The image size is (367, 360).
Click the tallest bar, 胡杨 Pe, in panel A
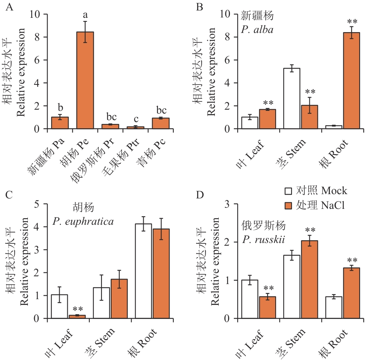[x=85, y=80]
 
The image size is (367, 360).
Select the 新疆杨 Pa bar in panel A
[x=60, y=123]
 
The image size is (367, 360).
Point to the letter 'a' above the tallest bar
[x=85, y=15]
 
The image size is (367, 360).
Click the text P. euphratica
[x=83, y=222]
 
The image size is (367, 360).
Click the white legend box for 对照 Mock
[x=289, y=191]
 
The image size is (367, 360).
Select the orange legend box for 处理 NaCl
[x=289, y=206]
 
